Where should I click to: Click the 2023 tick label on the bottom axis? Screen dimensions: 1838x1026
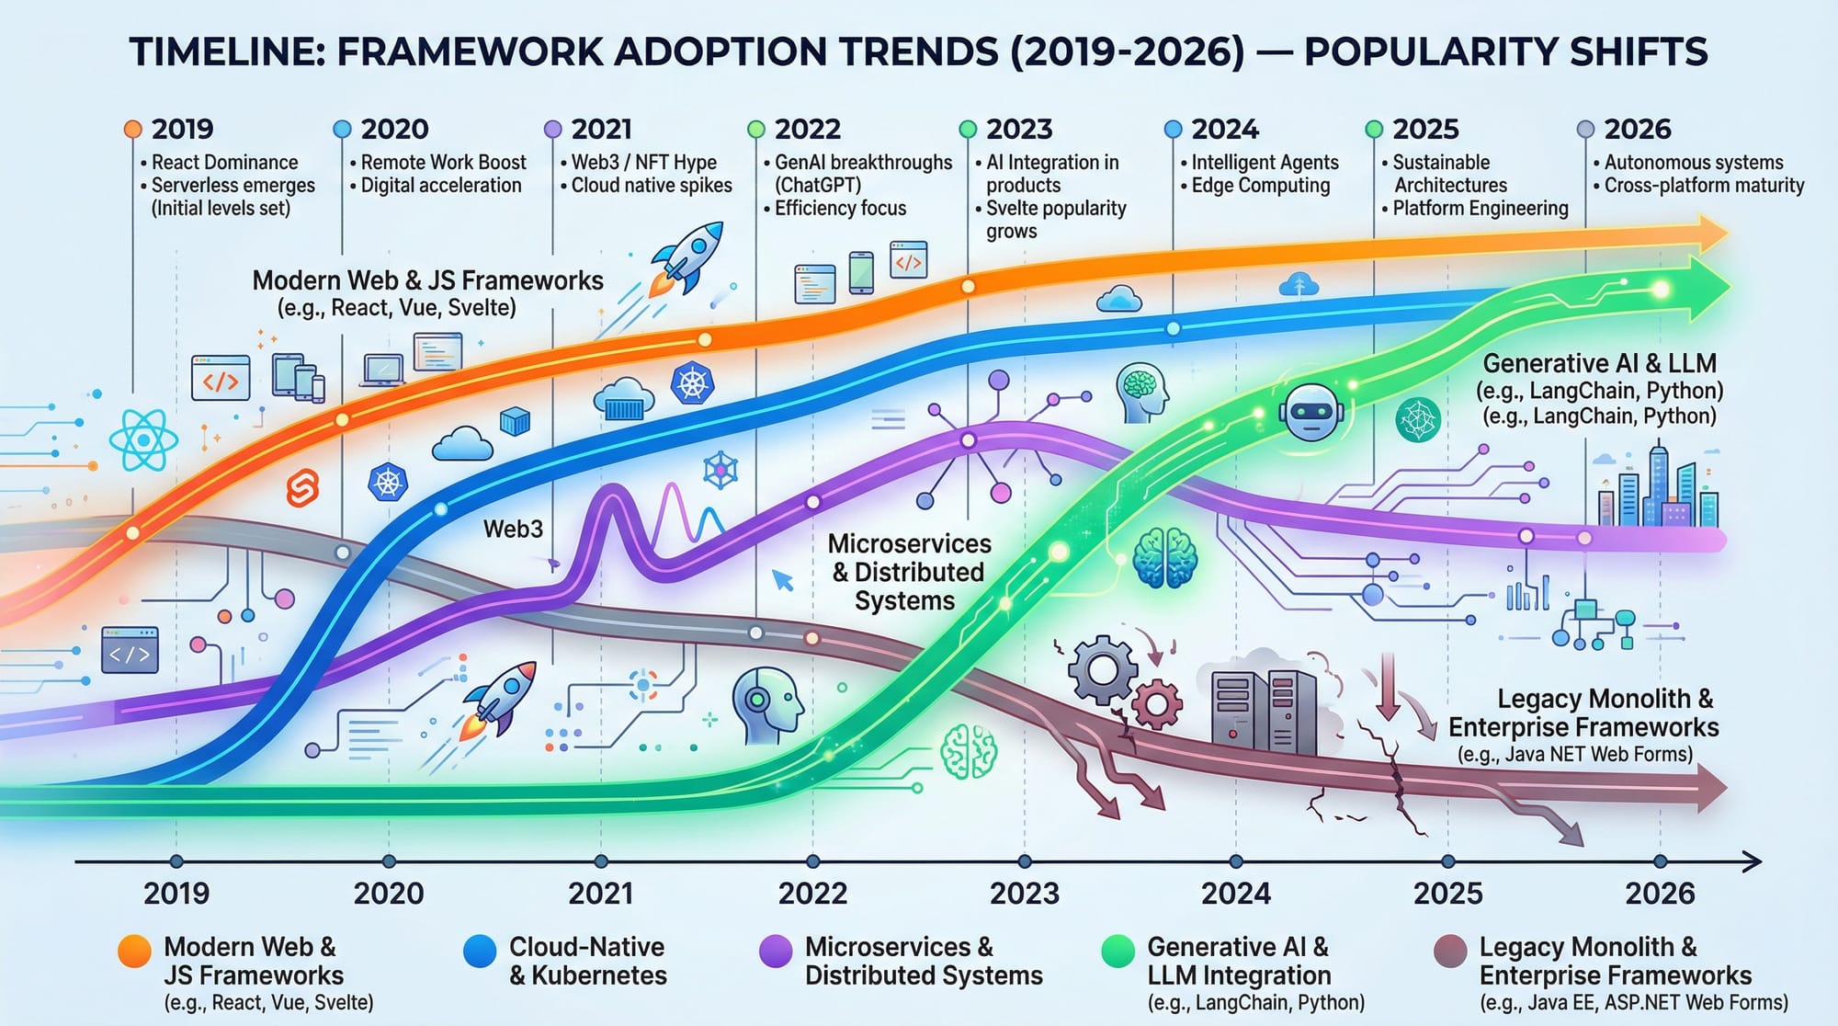[1025, 894]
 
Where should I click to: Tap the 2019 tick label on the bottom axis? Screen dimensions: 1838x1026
[176, 894]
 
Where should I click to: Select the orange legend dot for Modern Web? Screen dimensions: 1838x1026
[134, 952]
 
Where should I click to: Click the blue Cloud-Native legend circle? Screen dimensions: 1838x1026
[480, 952]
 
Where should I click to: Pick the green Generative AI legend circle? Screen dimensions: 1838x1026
[1118, 952]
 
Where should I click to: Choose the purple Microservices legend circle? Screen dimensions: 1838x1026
[776, 952]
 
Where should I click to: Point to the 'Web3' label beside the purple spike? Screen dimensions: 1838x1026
[513, 530]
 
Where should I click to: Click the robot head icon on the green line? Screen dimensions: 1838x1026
[1310, 413]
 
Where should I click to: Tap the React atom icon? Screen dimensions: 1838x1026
[143, 440]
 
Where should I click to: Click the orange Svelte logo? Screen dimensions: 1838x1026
[302, 488]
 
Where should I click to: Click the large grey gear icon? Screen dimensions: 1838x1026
[1103, 668]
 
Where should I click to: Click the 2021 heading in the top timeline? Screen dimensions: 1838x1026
[601, 130]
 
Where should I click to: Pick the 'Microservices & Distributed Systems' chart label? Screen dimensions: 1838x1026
[906, 572]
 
